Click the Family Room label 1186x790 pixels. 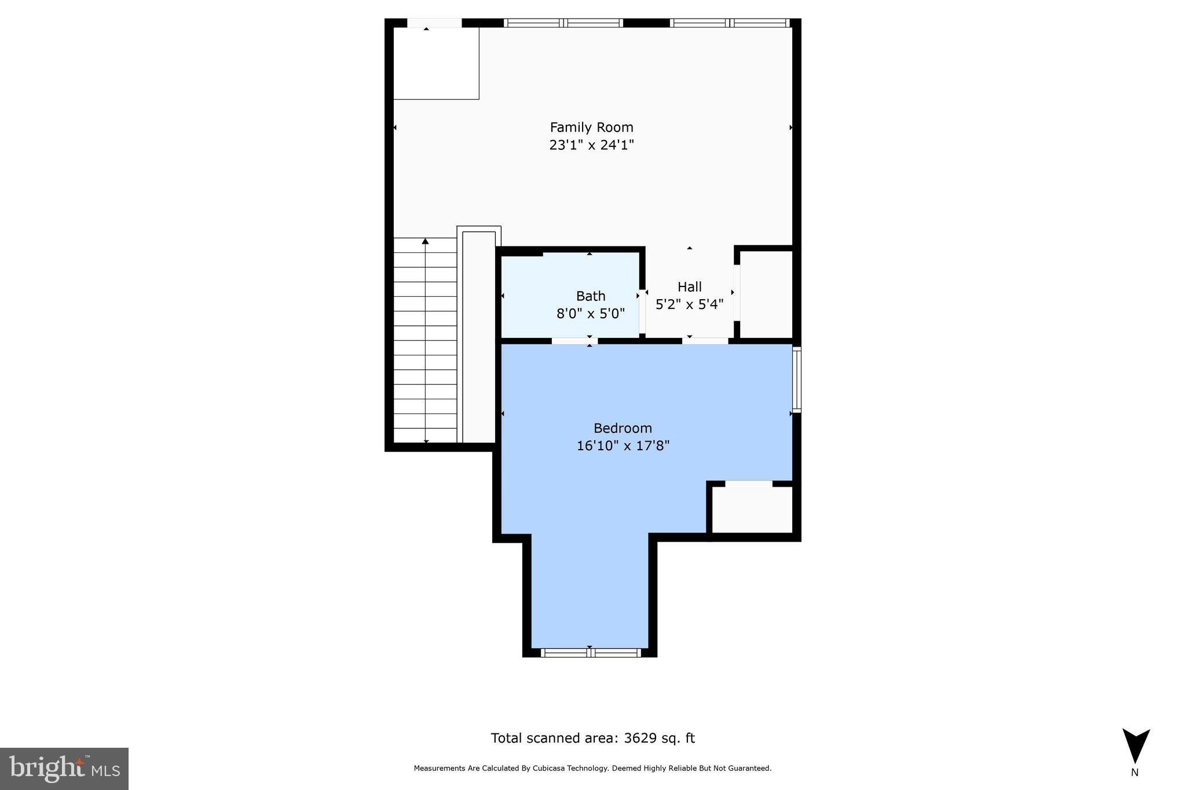(x=591, y=127)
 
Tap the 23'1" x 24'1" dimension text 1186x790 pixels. (x=591, y=145)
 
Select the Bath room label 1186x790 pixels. (x=591, y=296)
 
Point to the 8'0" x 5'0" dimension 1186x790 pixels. (x=591, y=314)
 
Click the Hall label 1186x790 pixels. (x=689, y=287)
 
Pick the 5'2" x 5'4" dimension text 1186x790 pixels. (x=689, y=304)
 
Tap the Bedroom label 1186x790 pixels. (x=623, y=428)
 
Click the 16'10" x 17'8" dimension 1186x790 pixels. (x=623, y=446)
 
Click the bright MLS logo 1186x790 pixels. (x=64, y=769)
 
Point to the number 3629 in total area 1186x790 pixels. (x=643, y=738)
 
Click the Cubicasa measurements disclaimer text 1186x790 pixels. (x=592, y=769)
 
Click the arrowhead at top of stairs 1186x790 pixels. (x=425, y=241)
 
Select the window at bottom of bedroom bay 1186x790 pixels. (x=591, y=653)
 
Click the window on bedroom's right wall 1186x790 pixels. (x=797, y=379)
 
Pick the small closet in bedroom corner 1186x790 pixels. (x=752, y=509)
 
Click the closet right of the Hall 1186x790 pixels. (x=766, y=294)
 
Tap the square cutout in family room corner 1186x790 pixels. (x=436, y=63)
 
